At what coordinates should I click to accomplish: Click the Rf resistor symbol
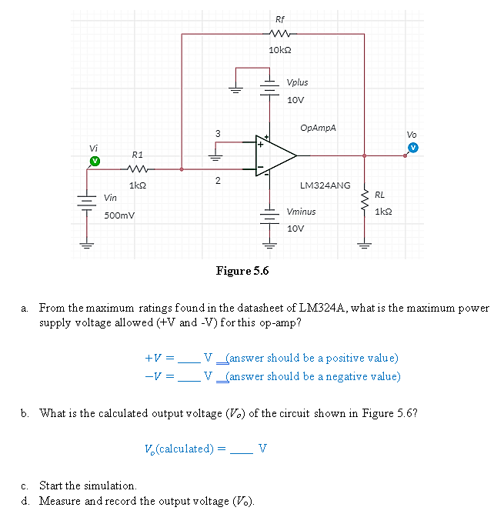click(278, 33)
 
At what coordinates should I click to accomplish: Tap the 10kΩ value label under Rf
click(278, 49)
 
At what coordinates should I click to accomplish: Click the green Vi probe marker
click(95, 161)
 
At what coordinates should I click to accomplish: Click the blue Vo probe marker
click(413, 147)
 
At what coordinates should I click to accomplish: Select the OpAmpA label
click(319, 128)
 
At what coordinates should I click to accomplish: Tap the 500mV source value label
click(119, 215)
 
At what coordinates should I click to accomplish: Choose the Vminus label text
click(300, 211)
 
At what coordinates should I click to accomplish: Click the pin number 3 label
click(218, 134)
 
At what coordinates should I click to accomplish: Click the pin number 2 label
click(218, 181)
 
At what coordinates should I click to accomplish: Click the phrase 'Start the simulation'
click(88, 486)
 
